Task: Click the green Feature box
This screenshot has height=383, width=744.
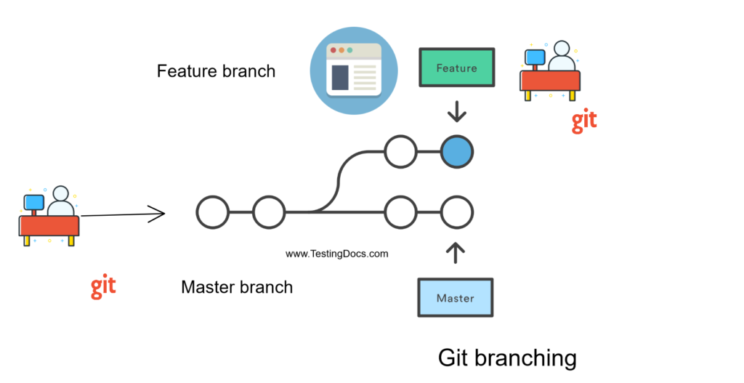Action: (x=456, y=68)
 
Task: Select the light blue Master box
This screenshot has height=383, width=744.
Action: (x=455, y=298)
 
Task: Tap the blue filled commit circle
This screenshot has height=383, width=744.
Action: (x=457, y=152)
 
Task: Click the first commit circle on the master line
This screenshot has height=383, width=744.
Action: (x=213, y=213)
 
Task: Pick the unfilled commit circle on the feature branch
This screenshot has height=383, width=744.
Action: (x=400, y=152)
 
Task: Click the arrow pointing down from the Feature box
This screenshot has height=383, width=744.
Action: (x=457, y=112)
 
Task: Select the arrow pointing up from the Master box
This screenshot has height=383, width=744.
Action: (x=456, y=251)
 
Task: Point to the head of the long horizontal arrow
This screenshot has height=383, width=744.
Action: (x=160, y=214)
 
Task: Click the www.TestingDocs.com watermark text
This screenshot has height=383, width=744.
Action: (x=336, y=254)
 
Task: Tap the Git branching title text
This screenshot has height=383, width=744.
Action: (x=507, y=358)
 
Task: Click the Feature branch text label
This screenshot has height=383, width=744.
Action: (x=216, y=71)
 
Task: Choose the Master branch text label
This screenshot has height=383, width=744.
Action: (x=237, y=287)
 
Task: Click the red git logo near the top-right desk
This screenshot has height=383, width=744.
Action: (x=584, y=121)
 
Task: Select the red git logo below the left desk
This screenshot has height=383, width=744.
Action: (x=103, y=286)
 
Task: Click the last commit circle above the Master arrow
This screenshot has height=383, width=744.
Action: (x=457, y=213)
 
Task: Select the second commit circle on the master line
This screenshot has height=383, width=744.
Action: (x=269, y=213)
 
